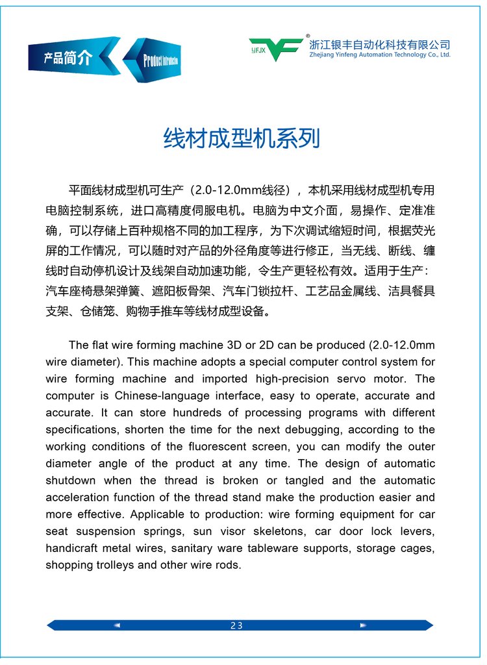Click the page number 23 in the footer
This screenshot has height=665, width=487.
pos(236,625)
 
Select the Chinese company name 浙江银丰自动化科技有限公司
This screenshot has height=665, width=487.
pos(380,45)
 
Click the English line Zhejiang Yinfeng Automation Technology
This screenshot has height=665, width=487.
pos(380,55)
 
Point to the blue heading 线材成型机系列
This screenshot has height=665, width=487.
pos(241,138)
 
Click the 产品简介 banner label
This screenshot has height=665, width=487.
pos(68,58)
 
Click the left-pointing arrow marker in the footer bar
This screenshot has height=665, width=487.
pos(117,625)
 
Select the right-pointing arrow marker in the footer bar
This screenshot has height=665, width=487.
pos(363,625)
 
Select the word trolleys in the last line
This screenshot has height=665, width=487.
pos(113,565)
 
